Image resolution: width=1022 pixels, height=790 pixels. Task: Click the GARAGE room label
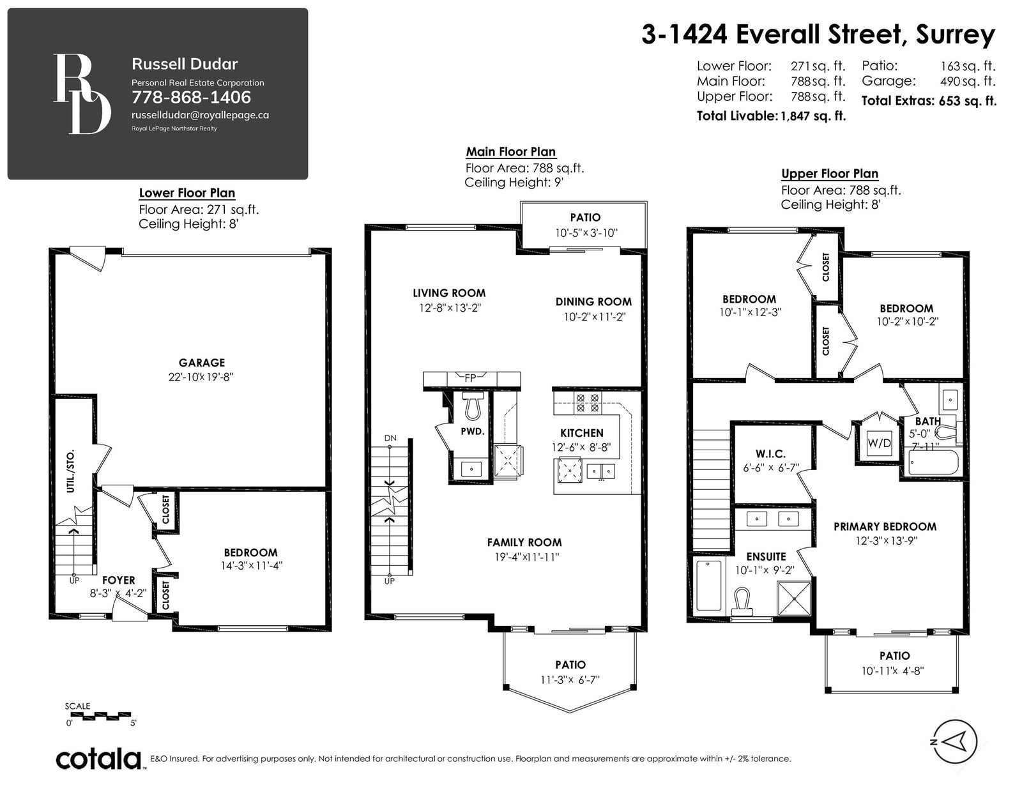(x=201, y=363)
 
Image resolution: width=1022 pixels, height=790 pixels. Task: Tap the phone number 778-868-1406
(x=192, y=97)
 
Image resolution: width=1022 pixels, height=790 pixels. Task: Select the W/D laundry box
(x=878, y=443)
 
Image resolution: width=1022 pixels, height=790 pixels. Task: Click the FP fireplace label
(x=470, y=377)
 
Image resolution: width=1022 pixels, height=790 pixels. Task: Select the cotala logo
(x=99, y=759)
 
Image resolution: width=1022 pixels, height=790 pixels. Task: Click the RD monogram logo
(x=82, y=93)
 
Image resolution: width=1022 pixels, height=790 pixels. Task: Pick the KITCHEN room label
(x=581, y=432)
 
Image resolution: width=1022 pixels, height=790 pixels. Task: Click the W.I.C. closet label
(x=770, y=454)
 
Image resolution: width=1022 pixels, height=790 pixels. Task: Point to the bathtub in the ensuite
(x=709, y=586)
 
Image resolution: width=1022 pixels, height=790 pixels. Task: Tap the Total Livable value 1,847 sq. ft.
(x=813, y=116)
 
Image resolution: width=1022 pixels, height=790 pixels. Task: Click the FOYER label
(x=119, y=581)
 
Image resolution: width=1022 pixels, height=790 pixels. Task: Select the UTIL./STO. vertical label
(x=70, y=472)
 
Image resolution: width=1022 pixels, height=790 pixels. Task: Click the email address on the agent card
(x=200, y=115)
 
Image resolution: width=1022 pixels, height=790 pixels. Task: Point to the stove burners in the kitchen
(x=588, y=403)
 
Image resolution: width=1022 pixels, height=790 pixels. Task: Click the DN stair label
(x=390, y=438)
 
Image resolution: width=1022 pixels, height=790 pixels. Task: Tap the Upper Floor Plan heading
(x=830, y=174)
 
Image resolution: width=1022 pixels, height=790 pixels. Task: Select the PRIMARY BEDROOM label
(x=885, y=527)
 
